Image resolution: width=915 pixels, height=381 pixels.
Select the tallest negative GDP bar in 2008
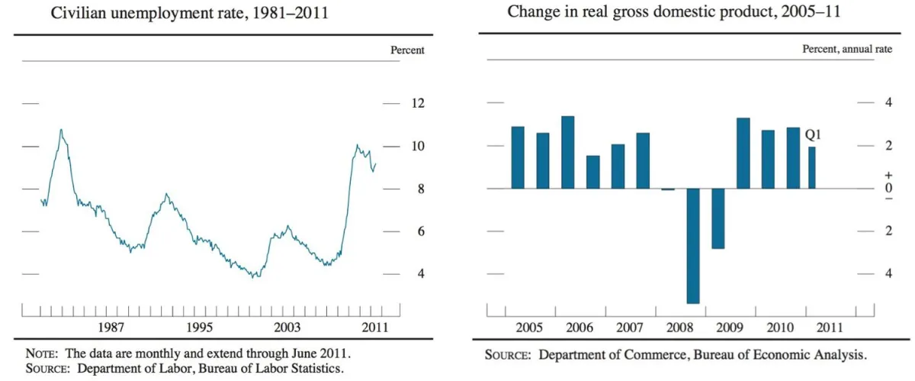693,245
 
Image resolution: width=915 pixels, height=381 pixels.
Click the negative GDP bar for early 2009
718,218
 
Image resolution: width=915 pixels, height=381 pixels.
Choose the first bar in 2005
518,157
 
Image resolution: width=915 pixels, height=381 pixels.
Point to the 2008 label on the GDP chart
679,328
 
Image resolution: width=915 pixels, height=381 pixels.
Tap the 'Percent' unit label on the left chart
407,50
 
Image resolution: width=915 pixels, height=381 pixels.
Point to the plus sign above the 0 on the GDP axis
867,176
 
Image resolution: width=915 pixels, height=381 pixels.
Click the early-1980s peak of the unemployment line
61,131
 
